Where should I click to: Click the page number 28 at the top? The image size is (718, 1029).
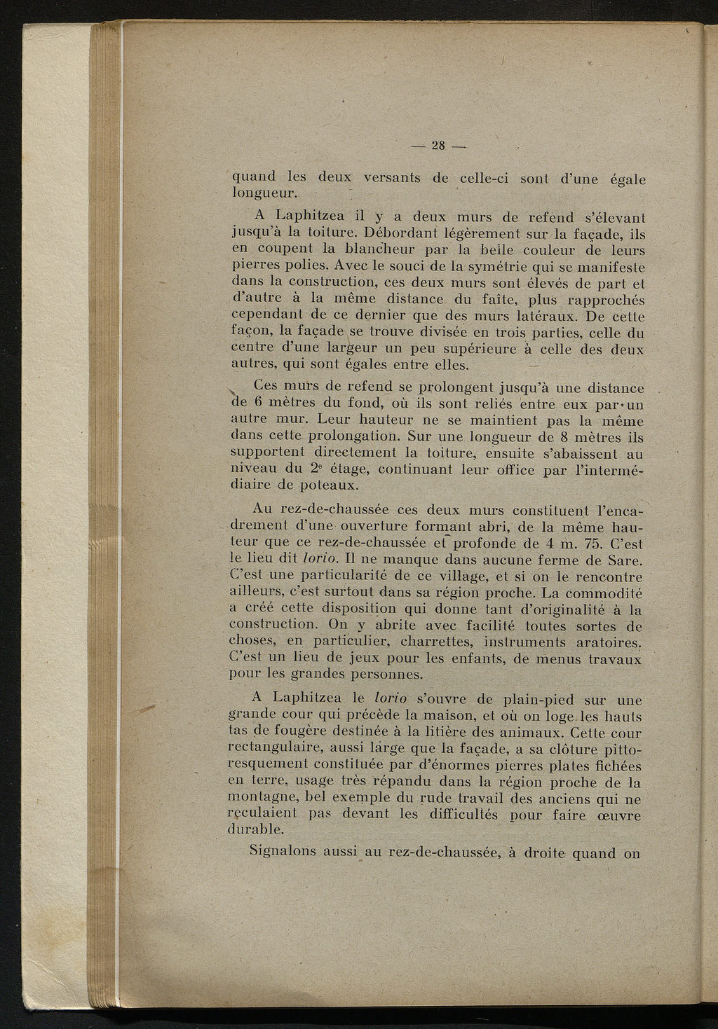(x=439, y=146)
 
